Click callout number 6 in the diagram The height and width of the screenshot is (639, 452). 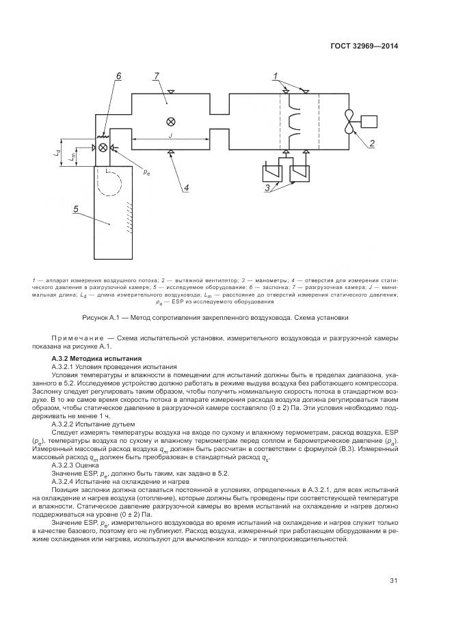(x=118, y=76)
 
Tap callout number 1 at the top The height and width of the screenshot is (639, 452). (x=276, y=75)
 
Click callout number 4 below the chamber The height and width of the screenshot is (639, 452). (x=186, y=187)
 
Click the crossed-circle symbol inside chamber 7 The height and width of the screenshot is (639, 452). (x=170, y=122)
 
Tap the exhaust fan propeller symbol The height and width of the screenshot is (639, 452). (x=350, y=123)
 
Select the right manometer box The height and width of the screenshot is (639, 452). (x=300, y=174)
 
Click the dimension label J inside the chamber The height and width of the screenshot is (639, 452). (x=170, y=135)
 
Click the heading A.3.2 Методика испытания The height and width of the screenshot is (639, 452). (x=96, y=358)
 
